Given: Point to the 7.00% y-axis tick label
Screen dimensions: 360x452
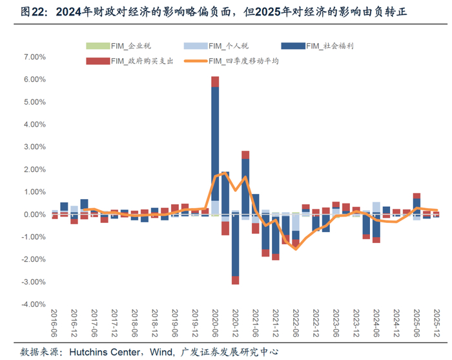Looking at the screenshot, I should tap(32, 57).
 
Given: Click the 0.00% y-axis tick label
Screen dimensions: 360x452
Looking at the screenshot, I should tap(32, 215).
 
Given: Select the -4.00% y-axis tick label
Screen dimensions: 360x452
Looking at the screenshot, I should tap(31, 304).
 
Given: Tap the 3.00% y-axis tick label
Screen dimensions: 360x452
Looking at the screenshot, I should tap(32, 147).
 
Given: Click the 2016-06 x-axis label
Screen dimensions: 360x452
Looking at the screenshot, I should tap(55, 323).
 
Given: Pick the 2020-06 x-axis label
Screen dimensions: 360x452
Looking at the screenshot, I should tap(215, 323).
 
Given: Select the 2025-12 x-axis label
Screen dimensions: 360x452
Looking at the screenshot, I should tap(436, 323).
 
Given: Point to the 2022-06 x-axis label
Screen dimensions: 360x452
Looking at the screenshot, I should tap(296, 323).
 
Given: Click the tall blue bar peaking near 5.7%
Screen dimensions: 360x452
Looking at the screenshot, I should tap(215, 149).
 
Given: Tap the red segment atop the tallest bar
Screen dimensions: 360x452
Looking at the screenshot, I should tap(215, 81).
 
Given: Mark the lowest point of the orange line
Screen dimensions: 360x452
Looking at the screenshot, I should tap(296, 249).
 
